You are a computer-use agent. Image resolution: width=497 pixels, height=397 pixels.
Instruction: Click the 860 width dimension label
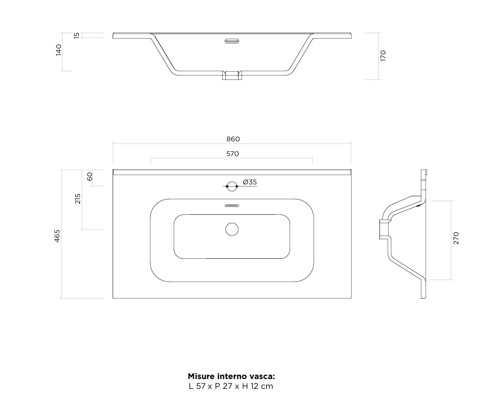click(x=233, y=139)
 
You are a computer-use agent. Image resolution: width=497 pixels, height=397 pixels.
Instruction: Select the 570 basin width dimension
click(x=232, y=154)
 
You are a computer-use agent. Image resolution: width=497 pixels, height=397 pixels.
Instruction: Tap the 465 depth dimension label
click(x=57, y=236)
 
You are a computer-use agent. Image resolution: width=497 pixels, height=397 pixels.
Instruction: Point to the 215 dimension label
click(x=78, y=199)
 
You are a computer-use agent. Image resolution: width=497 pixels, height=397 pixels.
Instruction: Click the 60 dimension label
click(x=90, y=176)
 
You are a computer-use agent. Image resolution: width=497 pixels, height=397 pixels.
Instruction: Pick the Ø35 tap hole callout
click(x=250, y=182)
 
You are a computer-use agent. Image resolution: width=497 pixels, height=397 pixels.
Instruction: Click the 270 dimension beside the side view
click(x=456, y=238)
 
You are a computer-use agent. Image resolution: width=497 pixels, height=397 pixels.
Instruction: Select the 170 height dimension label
click(x=383, y=55)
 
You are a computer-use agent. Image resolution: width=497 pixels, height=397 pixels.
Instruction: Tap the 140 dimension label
click(x=59, y=51)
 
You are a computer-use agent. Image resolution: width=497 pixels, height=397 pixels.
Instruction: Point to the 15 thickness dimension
click(x=77, y=36)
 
